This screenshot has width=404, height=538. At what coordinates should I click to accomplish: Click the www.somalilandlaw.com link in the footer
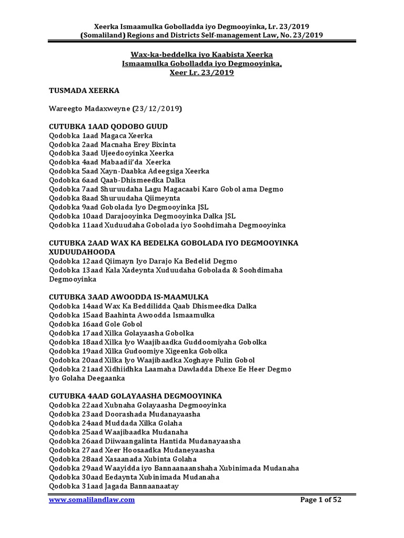pyautogui.click(x=92, y=500)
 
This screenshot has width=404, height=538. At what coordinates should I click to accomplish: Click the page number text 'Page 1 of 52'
pyautogui.click(x=320, y=500)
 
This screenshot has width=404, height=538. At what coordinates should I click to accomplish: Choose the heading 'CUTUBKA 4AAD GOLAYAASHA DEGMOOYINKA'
pyautogui.click(x=135, y=396)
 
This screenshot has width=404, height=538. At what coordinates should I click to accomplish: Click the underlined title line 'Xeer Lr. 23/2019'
pyautogui.click(x=201, y=73)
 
